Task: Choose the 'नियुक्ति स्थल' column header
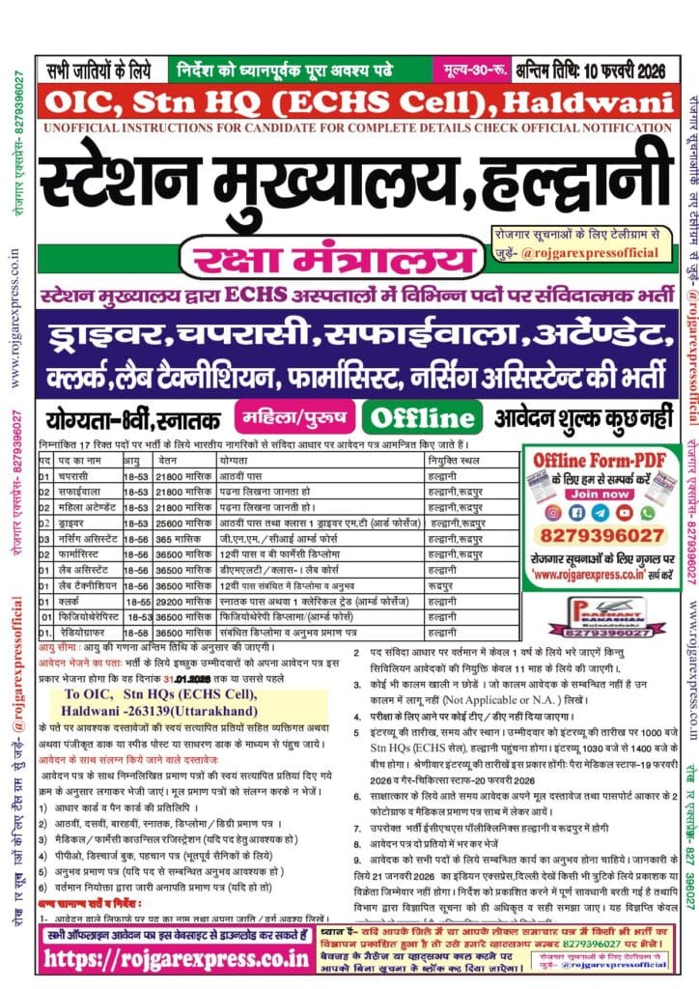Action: pos(449,463)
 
